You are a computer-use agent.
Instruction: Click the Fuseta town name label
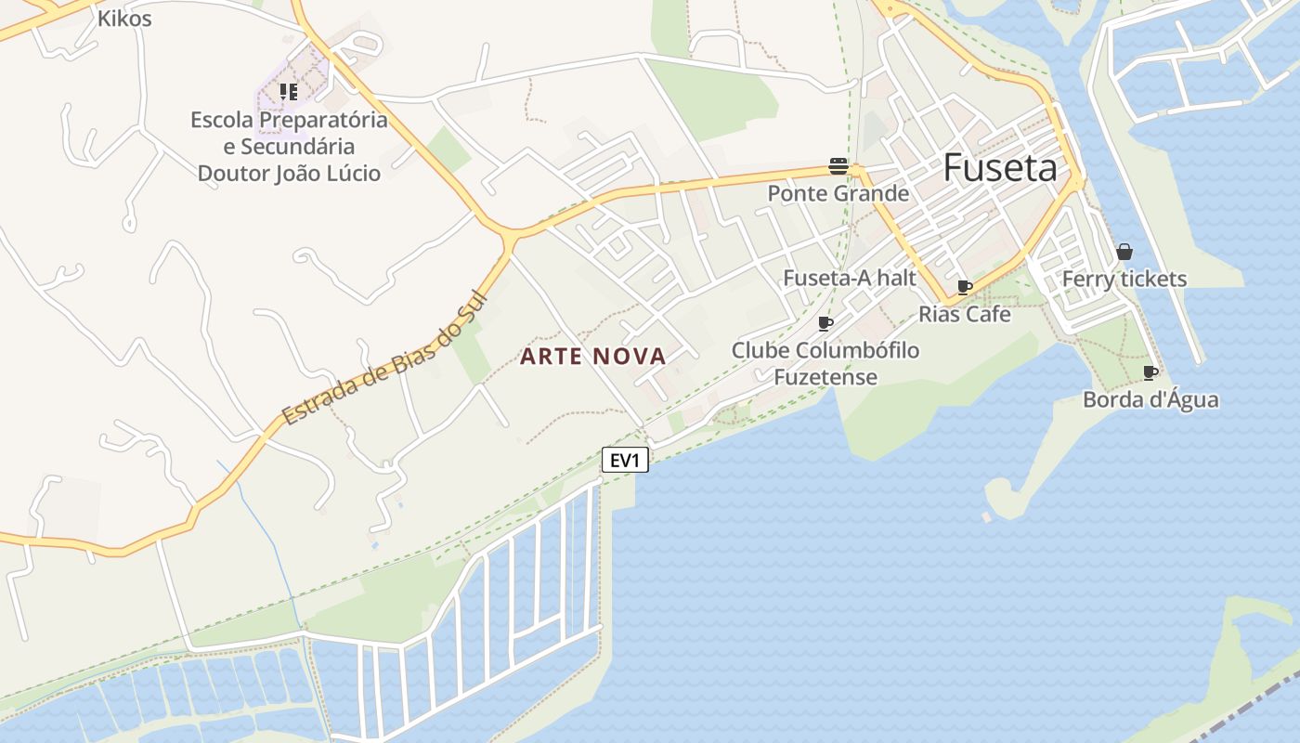tap(1000, 168)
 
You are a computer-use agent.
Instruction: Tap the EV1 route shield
tap(625, 460)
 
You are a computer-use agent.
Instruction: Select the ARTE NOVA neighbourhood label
tap(592, 357)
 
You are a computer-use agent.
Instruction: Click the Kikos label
tap(124, 19)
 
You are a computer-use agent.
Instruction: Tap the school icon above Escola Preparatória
tap(288, 91)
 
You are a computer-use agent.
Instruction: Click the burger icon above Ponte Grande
tap(838, 167)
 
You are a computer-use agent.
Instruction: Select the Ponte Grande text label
tap(838, 193)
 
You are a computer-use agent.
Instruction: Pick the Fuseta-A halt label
tap(850, 278)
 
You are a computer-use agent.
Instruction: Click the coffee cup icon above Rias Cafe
tap(965, 287)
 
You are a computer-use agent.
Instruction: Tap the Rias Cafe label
tap(965, 314)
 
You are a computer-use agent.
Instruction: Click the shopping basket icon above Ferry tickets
tap(1124, 252)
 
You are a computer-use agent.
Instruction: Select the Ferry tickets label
tap(1124, 279)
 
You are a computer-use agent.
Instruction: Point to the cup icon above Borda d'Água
tap(1150, 373)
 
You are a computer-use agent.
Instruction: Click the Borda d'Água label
tap(1150, 400)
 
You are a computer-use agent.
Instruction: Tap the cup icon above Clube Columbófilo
tap(825, 323)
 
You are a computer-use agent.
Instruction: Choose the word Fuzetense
tap(825, 377)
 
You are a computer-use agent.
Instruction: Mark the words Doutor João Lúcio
tap(289, 173)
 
